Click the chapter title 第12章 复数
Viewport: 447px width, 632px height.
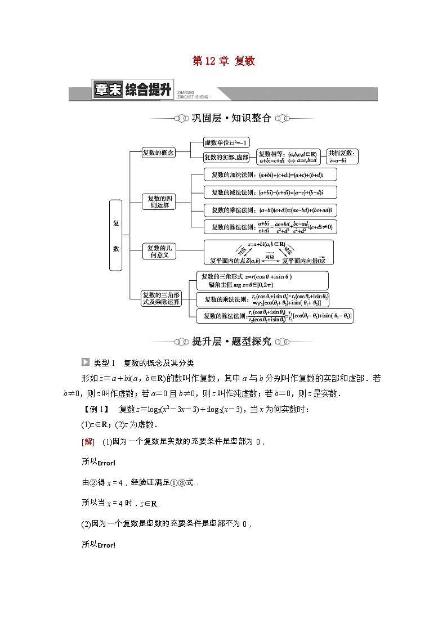pos(223,61)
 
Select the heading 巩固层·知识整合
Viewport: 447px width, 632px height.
pos(223,118)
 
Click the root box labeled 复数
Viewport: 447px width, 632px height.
pos(116,236)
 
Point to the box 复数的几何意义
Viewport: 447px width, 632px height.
pos(159,251)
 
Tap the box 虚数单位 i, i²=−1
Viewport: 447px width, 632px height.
pos(227,143)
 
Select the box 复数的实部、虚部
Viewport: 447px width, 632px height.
pos(226,157)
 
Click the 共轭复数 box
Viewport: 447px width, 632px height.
pos(342,156)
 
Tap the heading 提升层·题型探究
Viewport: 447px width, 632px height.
pos(223,341)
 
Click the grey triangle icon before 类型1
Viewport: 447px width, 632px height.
pos(85,362)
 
